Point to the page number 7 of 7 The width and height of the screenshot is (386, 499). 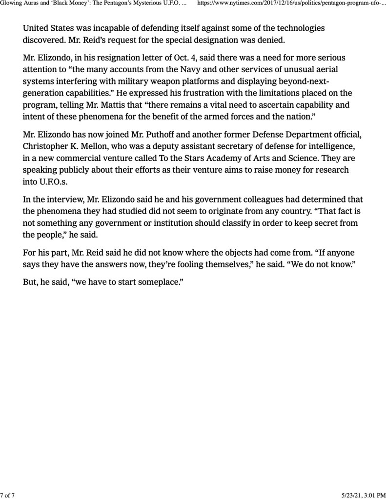[x=8, y=495]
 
